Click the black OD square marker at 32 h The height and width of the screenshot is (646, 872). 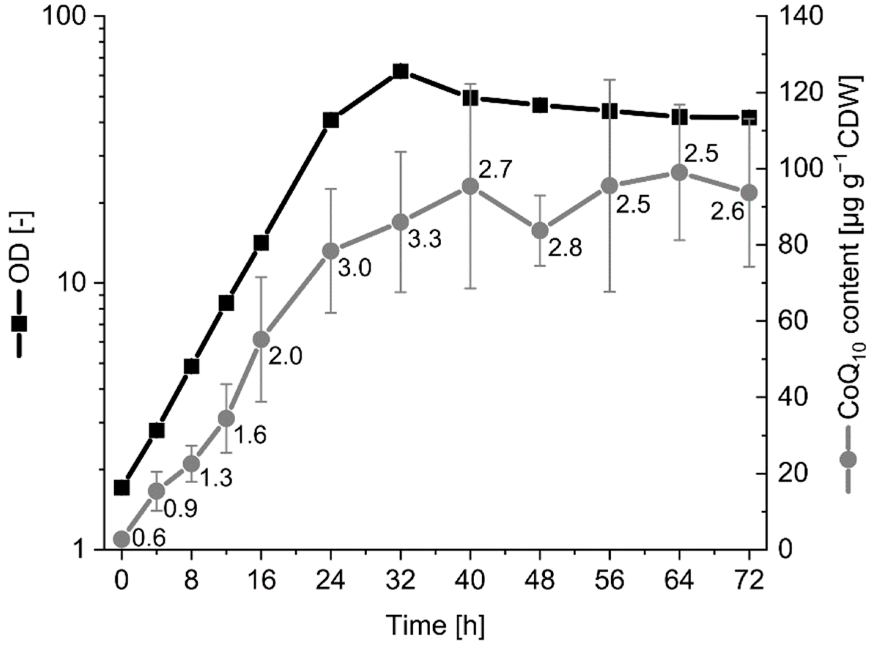point(401,71)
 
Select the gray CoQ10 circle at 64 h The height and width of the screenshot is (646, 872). point(679,173)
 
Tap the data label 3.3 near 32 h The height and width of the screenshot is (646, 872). point(425,239)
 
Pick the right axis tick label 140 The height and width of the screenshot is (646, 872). point(801,16)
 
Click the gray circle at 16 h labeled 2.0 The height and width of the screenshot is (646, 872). point(261,340)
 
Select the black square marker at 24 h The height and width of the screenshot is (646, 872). point(331,121)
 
